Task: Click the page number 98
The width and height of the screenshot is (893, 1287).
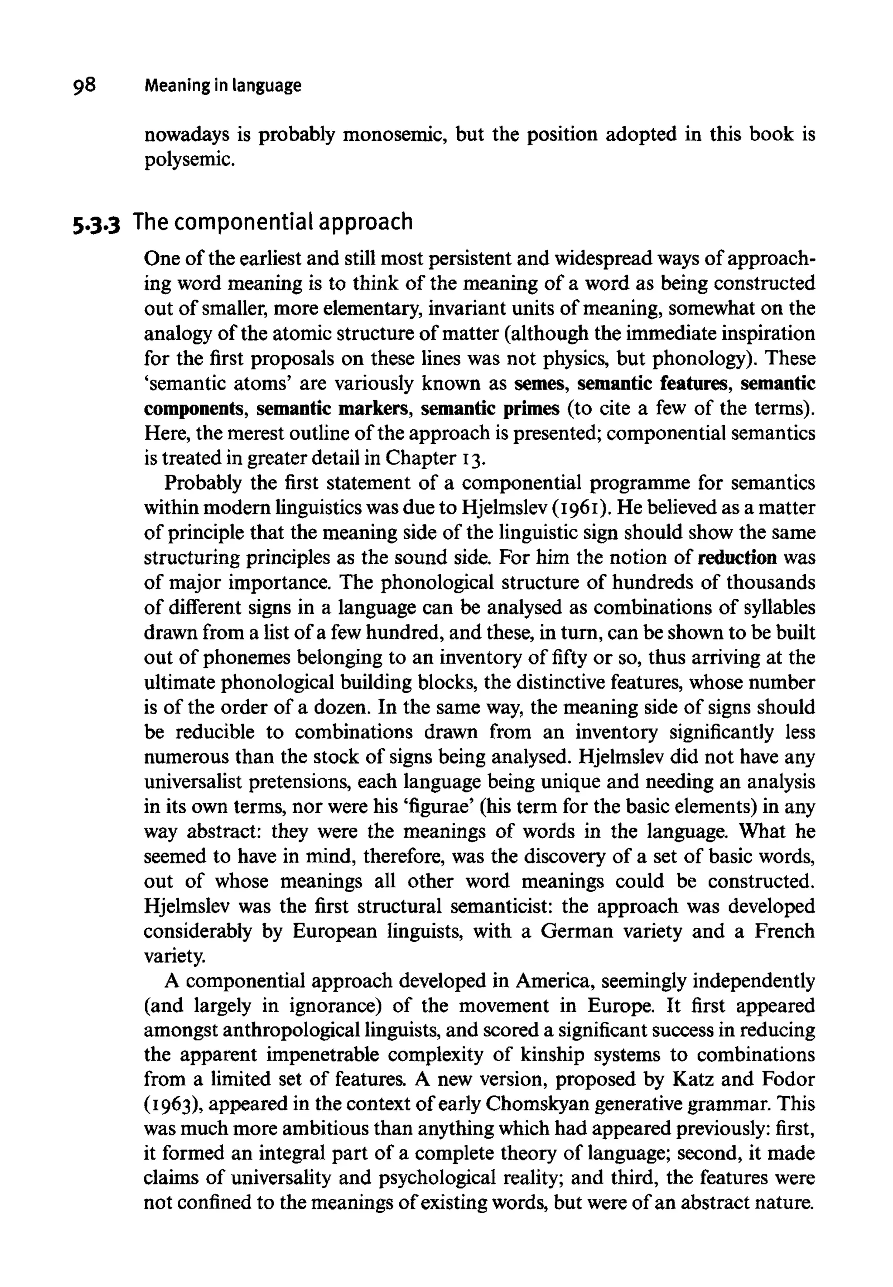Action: (84, 85)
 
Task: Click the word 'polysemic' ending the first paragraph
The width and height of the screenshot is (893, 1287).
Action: (186, 160)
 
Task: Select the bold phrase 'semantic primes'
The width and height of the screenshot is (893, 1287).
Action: (490, 409)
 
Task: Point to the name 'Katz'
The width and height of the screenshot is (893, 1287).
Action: (689, 1079)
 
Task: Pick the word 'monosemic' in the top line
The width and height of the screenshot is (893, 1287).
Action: (393, 135)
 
